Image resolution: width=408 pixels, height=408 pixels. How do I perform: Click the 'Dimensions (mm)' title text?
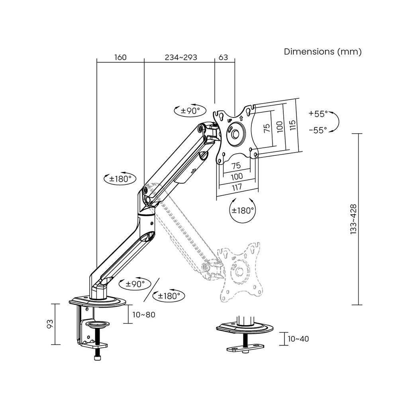coord(323,52)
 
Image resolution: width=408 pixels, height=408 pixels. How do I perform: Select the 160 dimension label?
coord(120,57)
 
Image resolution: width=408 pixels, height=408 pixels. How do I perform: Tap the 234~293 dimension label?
coord(181,57)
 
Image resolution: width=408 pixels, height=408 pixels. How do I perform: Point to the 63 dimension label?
coord(223,57)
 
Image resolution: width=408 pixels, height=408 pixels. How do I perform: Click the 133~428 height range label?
coord(353,220)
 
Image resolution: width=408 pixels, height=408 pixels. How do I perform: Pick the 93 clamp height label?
coord(50,324)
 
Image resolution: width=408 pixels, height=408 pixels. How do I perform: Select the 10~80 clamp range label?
coord(143,315)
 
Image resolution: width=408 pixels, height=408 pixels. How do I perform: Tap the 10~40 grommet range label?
coord(298,339)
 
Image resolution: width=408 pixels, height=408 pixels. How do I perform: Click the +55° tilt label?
coord(318,114)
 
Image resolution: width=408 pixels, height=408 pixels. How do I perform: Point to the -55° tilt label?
coord(318,130)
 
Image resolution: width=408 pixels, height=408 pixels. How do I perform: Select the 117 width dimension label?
coord(237,187)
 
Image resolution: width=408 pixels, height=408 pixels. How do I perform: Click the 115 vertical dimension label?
coord(292,125)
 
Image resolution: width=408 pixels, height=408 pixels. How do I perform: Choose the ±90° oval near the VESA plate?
coord(190,111)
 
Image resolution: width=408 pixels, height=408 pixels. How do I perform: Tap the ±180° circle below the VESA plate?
coord(243,210)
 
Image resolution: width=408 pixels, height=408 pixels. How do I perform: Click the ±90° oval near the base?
coord(135,284)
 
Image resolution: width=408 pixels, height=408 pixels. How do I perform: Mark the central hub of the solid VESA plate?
coord(235,134)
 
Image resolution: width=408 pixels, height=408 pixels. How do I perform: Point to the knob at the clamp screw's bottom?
coord(98,358)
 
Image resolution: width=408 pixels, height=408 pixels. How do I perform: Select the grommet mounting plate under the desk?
coord(245,348)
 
